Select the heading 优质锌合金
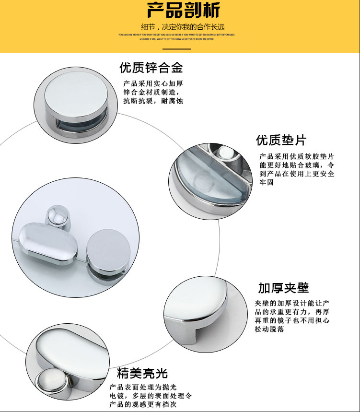click(151, 67)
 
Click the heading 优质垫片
click(281, 140)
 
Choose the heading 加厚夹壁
click(283, 288)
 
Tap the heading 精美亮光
click(142, 373)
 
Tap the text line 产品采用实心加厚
click(153, 83)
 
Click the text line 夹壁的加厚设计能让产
click(292, 303)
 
